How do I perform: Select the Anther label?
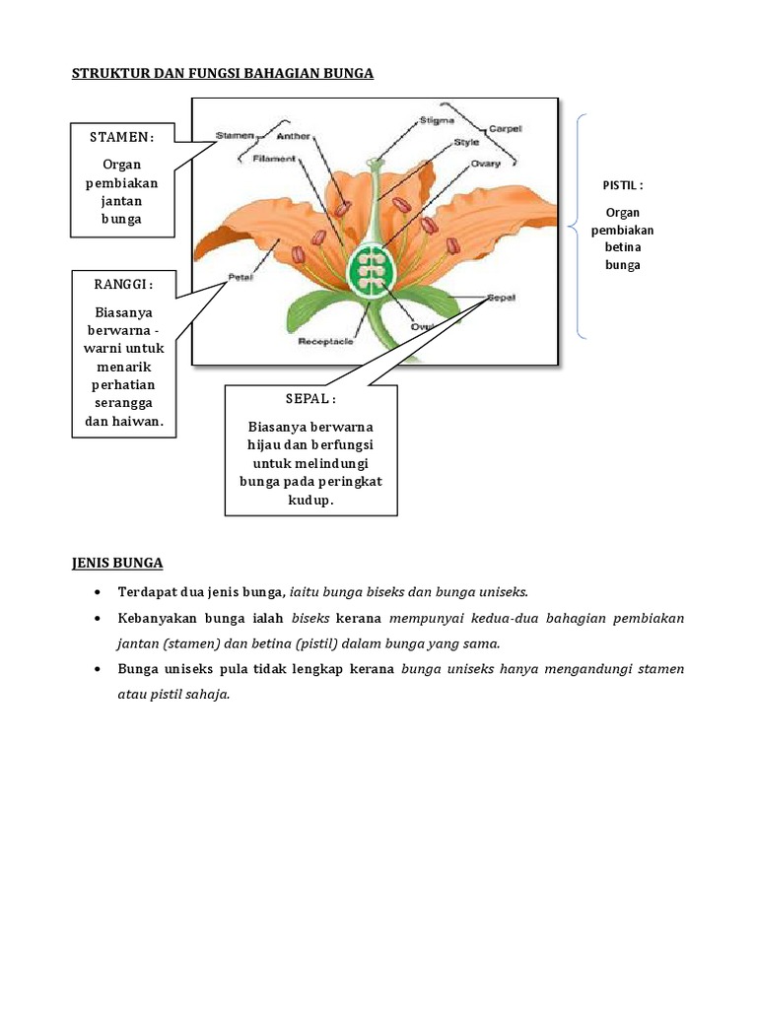(x=294, y=136)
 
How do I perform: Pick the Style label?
(x=466, y=142)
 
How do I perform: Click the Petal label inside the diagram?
(x=241, y=277)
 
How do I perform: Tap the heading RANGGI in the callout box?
(x=123, y=285)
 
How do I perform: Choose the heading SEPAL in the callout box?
(x=310, y=399)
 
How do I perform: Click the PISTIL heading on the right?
(x=623, y=185)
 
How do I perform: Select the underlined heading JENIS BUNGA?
(x=117, y=563)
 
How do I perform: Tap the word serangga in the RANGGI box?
(x=123, y=404)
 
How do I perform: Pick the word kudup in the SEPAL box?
(x=311, y=501)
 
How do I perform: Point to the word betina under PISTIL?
(x=623, y=247)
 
